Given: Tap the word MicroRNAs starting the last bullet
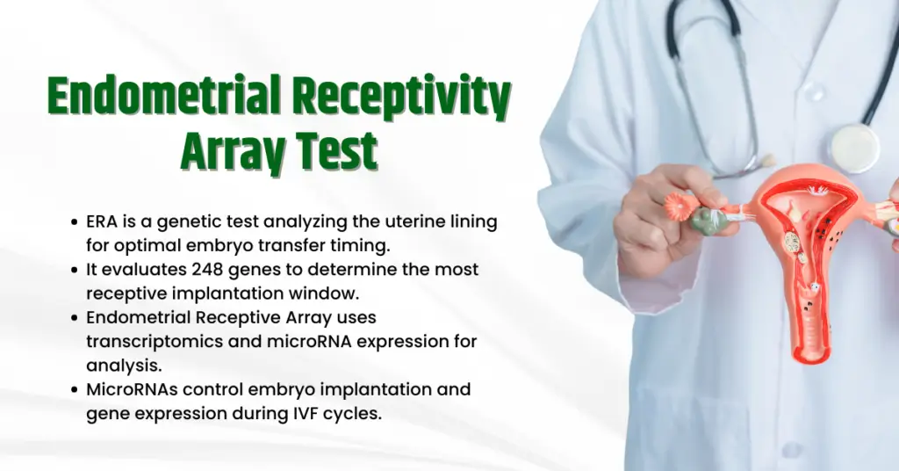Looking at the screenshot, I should [129, 389].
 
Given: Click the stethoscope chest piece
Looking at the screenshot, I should [853, 147].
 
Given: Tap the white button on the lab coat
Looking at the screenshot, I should [817, 91].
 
